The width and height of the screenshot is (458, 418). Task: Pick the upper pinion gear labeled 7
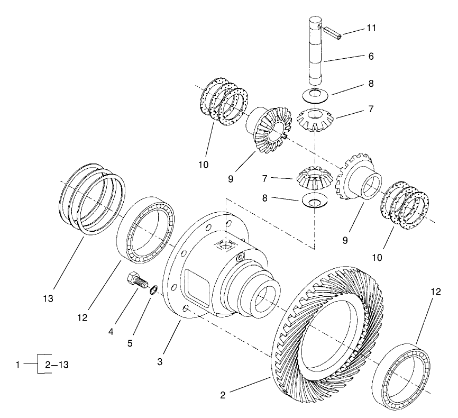click(x=315, y=120)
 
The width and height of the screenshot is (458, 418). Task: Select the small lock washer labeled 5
click(x=153, y=289)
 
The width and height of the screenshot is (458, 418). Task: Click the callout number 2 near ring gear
click(x=223, y=395)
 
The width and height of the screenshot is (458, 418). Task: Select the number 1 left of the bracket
click(x=18, y=365)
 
